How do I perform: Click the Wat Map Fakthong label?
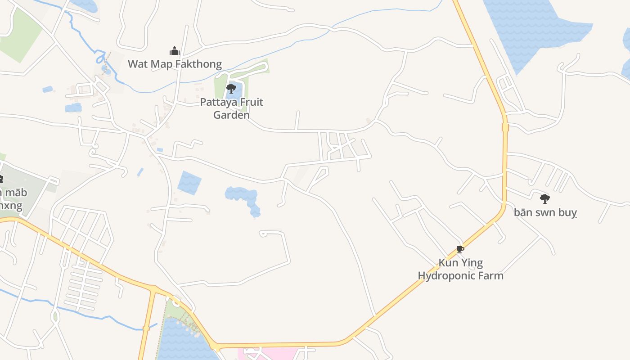coord(175,64)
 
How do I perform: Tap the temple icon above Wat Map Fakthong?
coord(174,50)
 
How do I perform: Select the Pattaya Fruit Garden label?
coord(231,108)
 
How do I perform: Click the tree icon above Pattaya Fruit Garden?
coord(231,88)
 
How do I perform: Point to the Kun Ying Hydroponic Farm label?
coord(460,269)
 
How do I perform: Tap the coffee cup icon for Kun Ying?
coord(460,249)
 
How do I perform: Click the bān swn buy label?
coord(545,212)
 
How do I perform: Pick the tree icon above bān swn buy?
coord(545,198)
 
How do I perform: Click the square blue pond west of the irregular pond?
coord(189,183)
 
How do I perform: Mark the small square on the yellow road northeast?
coord(505,127)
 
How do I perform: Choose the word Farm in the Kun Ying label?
coord(492,275)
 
